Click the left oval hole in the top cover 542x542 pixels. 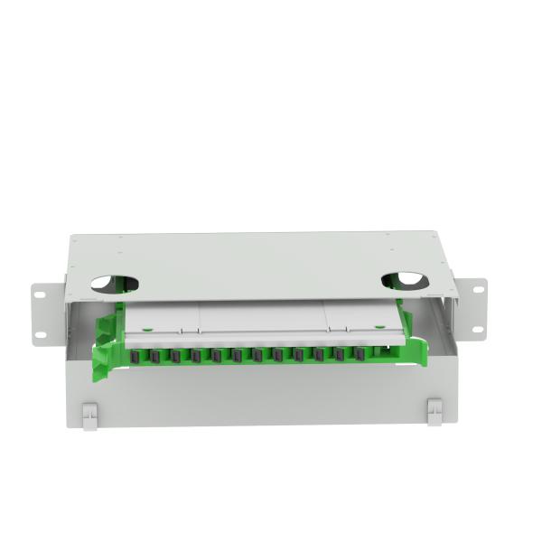(x=115, y=284)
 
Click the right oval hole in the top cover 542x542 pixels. (x=406, y=281)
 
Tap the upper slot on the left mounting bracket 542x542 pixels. (x=40, y=292)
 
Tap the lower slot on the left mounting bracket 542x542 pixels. (x=41, y=335)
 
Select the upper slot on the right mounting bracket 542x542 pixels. (x=473, y=289)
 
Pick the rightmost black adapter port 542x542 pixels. (x=360, y=354)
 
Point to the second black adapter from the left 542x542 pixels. (x=155, y=356)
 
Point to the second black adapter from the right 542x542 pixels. (x=340, y=354)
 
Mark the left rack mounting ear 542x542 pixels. (x=47, y=313)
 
